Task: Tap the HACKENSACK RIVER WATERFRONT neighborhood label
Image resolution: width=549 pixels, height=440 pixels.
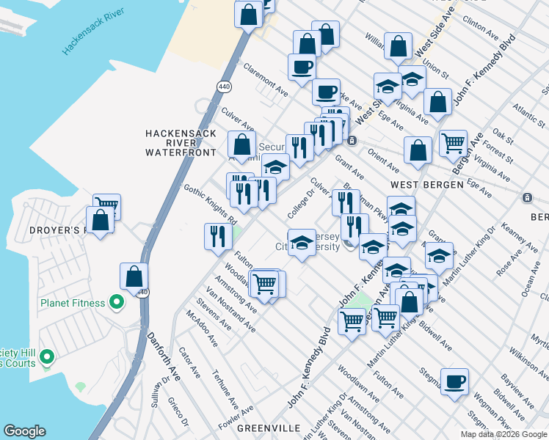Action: [x=181, y=142]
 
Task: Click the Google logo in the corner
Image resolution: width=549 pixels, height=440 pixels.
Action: [x=24, y=431]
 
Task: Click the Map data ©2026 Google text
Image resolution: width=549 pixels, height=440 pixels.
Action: [x=503, y=434]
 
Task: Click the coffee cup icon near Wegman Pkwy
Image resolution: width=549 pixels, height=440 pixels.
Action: [x=454, y=381]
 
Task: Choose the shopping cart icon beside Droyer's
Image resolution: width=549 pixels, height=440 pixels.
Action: [x=106, y=206]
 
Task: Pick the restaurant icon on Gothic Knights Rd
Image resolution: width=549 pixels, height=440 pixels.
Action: [x=218, y=235]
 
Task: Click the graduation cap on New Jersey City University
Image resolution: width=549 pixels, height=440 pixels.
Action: [x=301, y=243]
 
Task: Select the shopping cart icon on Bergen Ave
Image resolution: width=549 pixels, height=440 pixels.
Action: [x=453, y=142]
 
